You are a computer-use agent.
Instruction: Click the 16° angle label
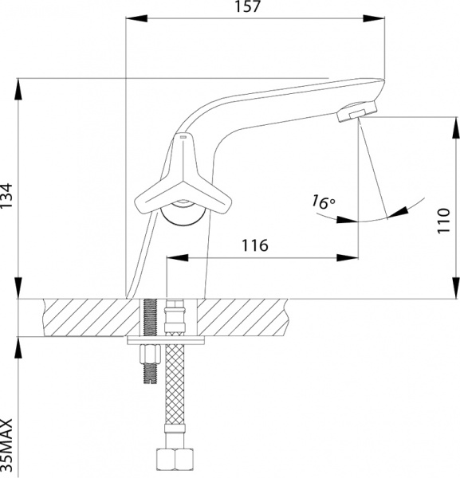click(321, 202)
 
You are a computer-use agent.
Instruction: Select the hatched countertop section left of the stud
click(88, 316)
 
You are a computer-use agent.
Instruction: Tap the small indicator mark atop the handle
click(183, 138)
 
